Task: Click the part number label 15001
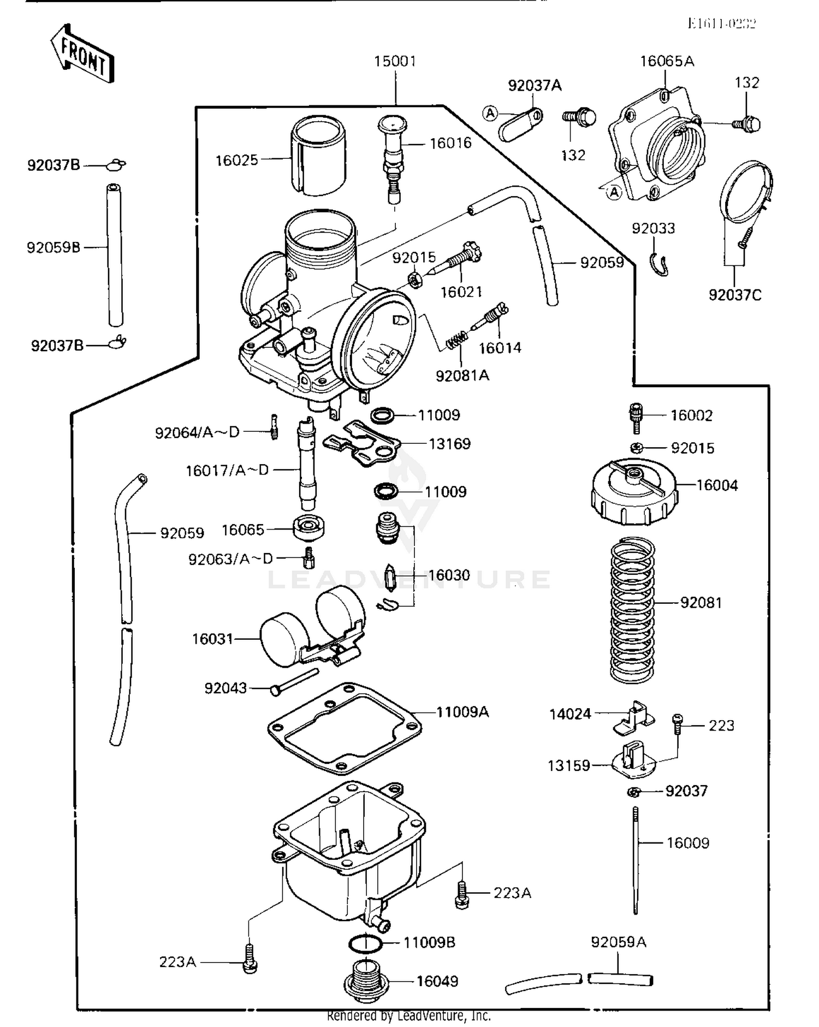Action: click(x=395, y=61)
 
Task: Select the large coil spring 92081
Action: click(x=632, y=610)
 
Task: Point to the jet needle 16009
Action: click(x=636, y=860)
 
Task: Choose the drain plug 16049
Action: click(x=366, y=981)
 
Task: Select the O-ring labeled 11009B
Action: click(x=365, y=943)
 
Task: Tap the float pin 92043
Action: click(x=295, y=681)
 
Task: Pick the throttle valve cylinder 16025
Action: click(x=318, y=156)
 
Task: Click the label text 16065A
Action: click(x=667, y=61)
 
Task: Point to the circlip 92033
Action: click(x=659, y=264)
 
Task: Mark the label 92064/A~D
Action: click(x=197, y=433)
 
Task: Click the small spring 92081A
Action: click(x=457, y=342)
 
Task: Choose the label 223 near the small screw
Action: click(x=721, y=726)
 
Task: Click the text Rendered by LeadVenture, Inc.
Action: click(x=408, y=1016)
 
